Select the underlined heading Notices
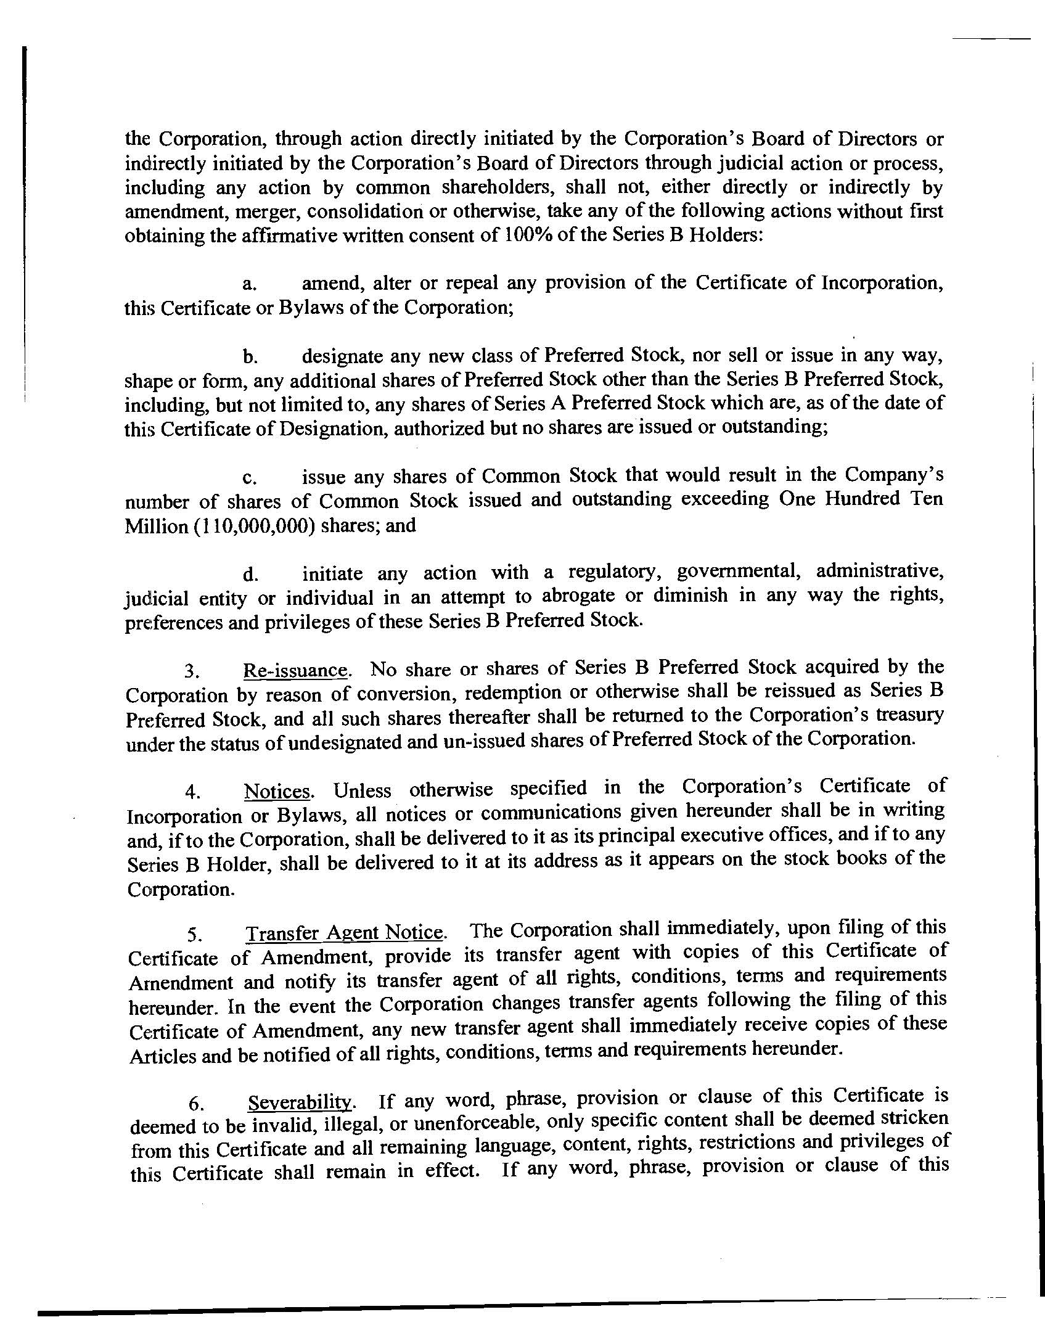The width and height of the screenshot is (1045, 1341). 277,791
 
